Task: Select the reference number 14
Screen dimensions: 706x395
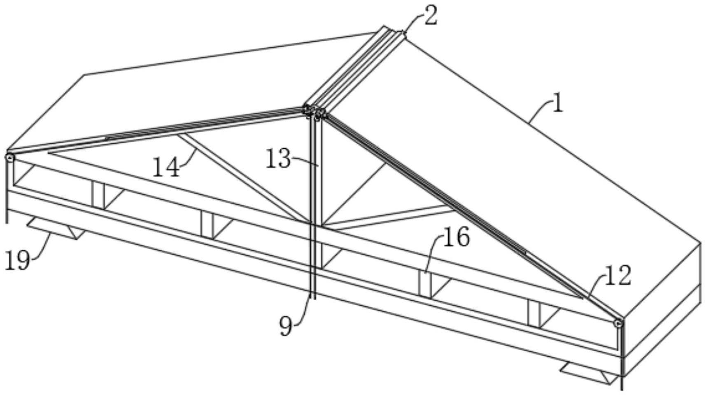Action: click(166, 168)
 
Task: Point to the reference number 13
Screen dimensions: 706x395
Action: click(278, 159)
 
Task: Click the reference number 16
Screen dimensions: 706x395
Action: click(456, 238)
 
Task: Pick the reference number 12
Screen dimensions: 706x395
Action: click(617, 276)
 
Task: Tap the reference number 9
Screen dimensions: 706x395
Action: click(286, 326)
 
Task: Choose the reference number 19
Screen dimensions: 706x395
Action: click(17, 261)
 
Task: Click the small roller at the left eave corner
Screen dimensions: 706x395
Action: click(10, 157)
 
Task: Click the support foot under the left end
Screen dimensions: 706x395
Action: click(56, 228)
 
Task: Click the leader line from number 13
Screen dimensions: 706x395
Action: click(305, 162)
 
